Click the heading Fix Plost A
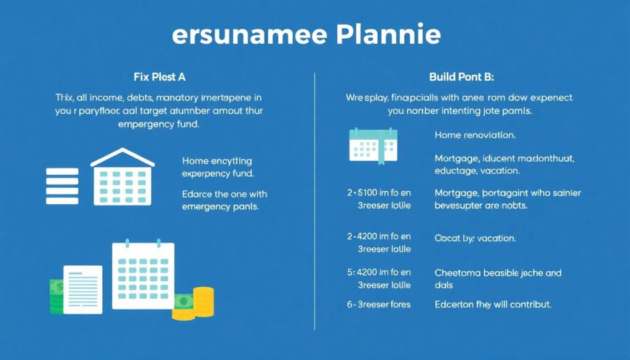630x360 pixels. coord(159,78)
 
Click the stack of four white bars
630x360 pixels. coord(62,186)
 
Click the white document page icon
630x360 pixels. coord(82,289)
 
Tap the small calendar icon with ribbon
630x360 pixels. coord(373,145)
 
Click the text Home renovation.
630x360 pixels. coord(475,135)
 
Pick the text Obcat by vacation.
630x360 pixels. coord(475,238)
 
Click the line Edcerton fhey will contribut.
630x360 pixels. coord(493,304)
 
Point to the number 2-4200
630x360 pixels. coord(361,236)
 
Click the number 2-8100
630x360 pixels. coord(361,193)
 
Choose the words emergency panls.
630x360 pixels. coord(220,207)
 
